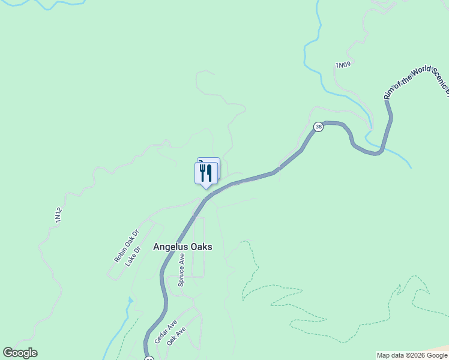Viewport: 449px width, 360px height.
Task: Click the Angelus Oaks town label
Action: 182,247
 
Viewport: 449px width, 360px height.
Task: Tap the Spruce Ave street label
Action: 182,269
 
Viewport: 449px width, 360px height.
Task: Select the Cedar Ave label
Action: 165,331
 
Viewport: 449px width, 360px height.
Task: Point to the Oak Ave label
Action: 176,336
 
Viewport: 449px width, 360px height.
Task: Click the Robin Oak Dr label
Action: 126,246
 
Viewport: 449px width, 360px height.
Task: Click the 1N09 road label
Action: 342,65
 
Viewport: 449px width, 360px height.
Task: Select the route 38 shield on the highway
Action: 318,127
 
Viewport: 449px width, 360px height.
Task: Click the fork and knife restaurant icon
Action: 206,173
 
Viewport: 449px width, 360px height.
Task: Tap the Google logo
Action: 20,353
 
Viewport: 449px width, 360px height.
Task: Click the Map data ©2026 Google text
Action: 412,355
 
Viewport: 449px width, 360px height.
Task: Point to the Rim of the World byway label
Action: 416,80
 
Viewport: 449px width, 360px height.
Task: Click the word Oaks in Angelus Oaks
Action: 200,247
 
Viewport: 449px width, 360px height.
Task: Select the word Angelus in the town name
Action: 170,247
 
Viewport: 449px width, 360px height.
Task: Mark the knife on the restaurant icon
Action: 209,173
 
